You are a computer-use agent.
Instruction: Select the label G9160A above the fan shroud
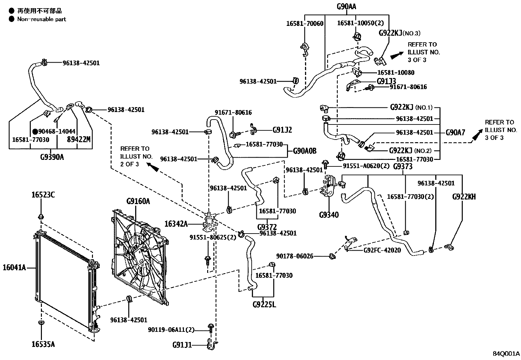click(x=138, y=201)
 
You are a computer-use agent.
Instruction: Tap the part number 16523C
click(x=43, y=195)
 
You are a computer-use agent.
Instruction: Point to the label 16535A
click(x=43, y=344)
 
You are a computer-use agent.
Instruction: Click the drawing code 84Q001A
click(x=506, y=354)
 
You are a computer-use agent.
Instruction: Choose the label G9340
click(x=329, y=215)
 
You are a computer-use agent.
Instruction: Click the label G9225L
click(x=264, y=304)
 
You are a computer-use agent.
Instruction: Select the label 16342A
click(x=176, y=224)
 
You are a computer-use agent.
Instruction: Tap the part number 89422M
click(x=79, y=140)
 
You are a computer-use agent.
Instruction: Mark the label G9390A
click(x=52, y=157)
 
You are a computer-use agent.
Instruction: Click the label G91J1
click(x=182, y=345)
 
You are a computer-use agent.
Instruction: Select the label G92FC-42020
click(x=382, y=250)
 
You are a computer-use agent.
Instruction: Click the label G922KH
click(x=464, y=197)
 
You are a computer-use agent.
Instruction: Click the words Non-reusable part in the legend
click(x=42, y=19)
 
